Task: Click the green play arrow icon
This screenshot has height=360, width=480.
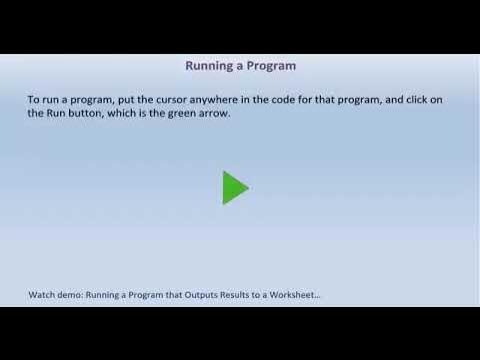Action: click(x=235, y=187)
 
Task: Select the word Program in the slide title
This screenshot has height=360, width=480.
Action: click(x=271, y=66)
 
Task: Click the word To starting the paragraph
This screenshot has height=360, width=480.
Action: click(x=33, y=99)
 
